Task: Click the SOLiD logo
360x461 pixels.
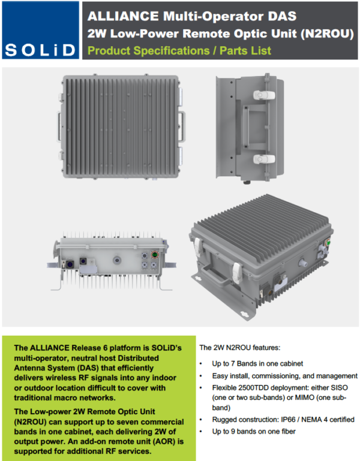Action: click(41, 30)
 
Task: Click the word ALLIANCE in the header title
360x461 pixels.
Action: click(123, 16)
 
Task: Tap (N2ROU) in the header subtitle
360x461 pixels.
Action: click(327, 34)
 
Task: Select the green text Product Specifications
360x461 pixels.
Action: click(149, 50)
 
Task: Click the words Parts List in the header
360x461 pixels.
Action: click(245, 50)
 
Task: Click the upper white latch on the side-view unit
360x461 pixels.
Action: click(264, 95)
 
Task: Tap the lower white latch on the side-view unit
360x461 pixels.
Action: click(264, 159)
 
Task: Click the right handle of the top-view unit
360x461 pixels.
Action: click(182, 126)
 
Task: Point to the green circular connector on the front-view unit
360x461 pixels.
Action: click(155, 254)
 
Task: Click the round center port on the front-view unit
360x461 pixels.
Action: click(117, 260)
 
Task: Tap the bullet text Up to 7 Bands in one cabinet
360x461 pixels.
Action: click(257, 364)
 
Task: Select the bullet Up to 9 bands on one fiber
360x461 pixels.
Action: click(254, 431)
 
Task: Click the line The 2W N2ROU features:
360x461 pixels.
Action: click(240, 348)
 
